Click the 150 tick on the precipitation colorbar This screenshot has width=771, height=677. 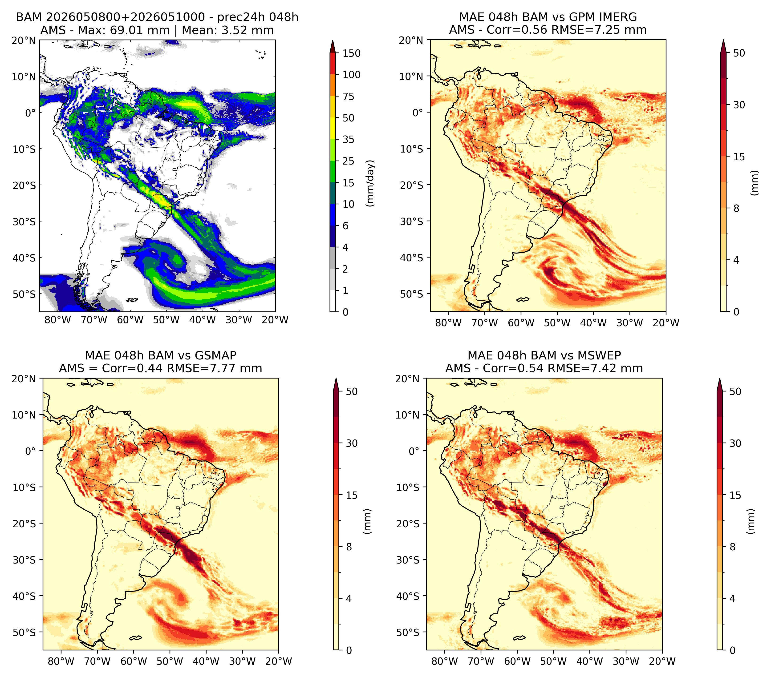[351, 53]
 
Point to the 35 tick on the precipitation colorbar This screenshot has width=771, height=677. [348, 139]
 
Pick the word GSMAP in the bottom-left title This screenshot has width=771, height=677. [216, 355]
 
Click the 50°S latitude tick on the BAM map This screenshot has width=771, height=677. [24, 294]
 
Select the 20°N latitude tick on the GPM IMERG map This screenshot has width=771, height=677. [412, 40]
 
